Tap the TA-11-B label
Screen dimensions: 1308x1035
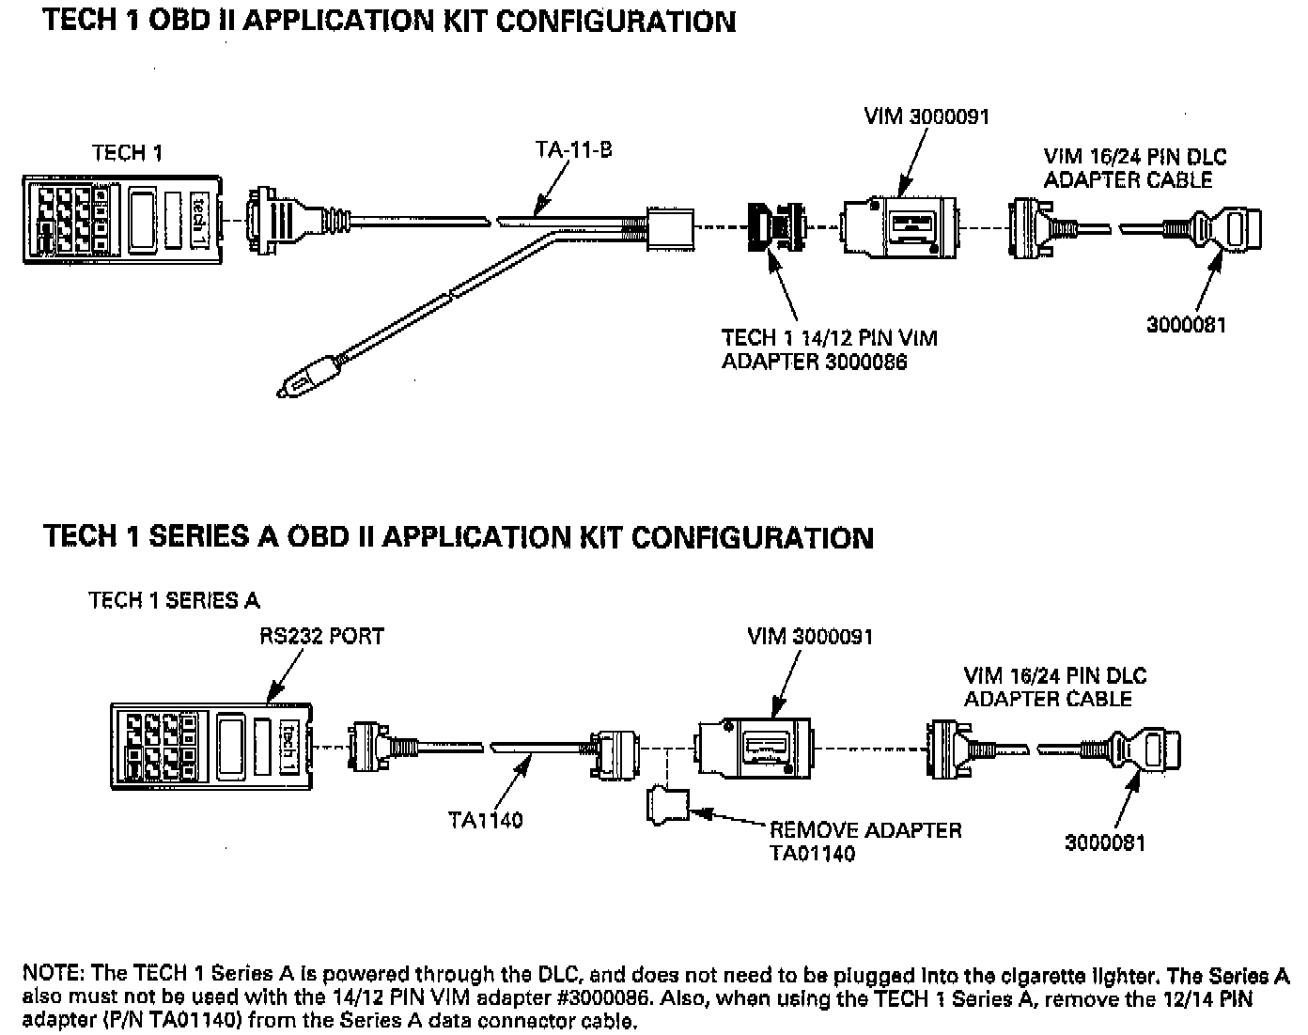[573, 149]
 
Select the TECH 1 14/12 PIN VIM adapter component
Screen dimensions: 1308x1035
[777, 227]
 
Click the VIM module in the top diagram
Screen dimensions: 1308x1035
[900, 227]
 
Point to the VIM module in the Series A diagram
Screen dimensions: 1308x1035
[754, 749]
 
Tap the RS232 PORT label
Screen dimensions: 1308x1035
[321, 637]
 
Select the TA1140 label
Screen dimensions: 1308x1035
[485, 821]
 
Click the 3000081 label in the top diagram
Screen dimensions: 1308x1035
[1186, 325]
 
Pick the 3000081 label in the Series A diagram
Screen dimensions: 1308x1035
[1104, 843]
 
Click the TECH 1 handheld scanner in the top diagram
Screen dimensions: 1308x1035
[122, 220]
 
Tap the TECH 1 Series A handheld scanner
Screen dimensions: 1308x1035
[211, 747]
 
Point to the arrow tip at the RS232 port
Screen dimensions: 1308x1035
[269, 702]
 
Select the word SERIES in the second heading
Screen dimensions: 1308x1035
[199, 536]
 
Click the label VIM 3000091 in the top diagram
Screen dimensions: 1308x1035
[926, 116]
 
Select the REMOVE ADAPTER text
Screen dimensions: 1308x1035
[865, 830]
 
